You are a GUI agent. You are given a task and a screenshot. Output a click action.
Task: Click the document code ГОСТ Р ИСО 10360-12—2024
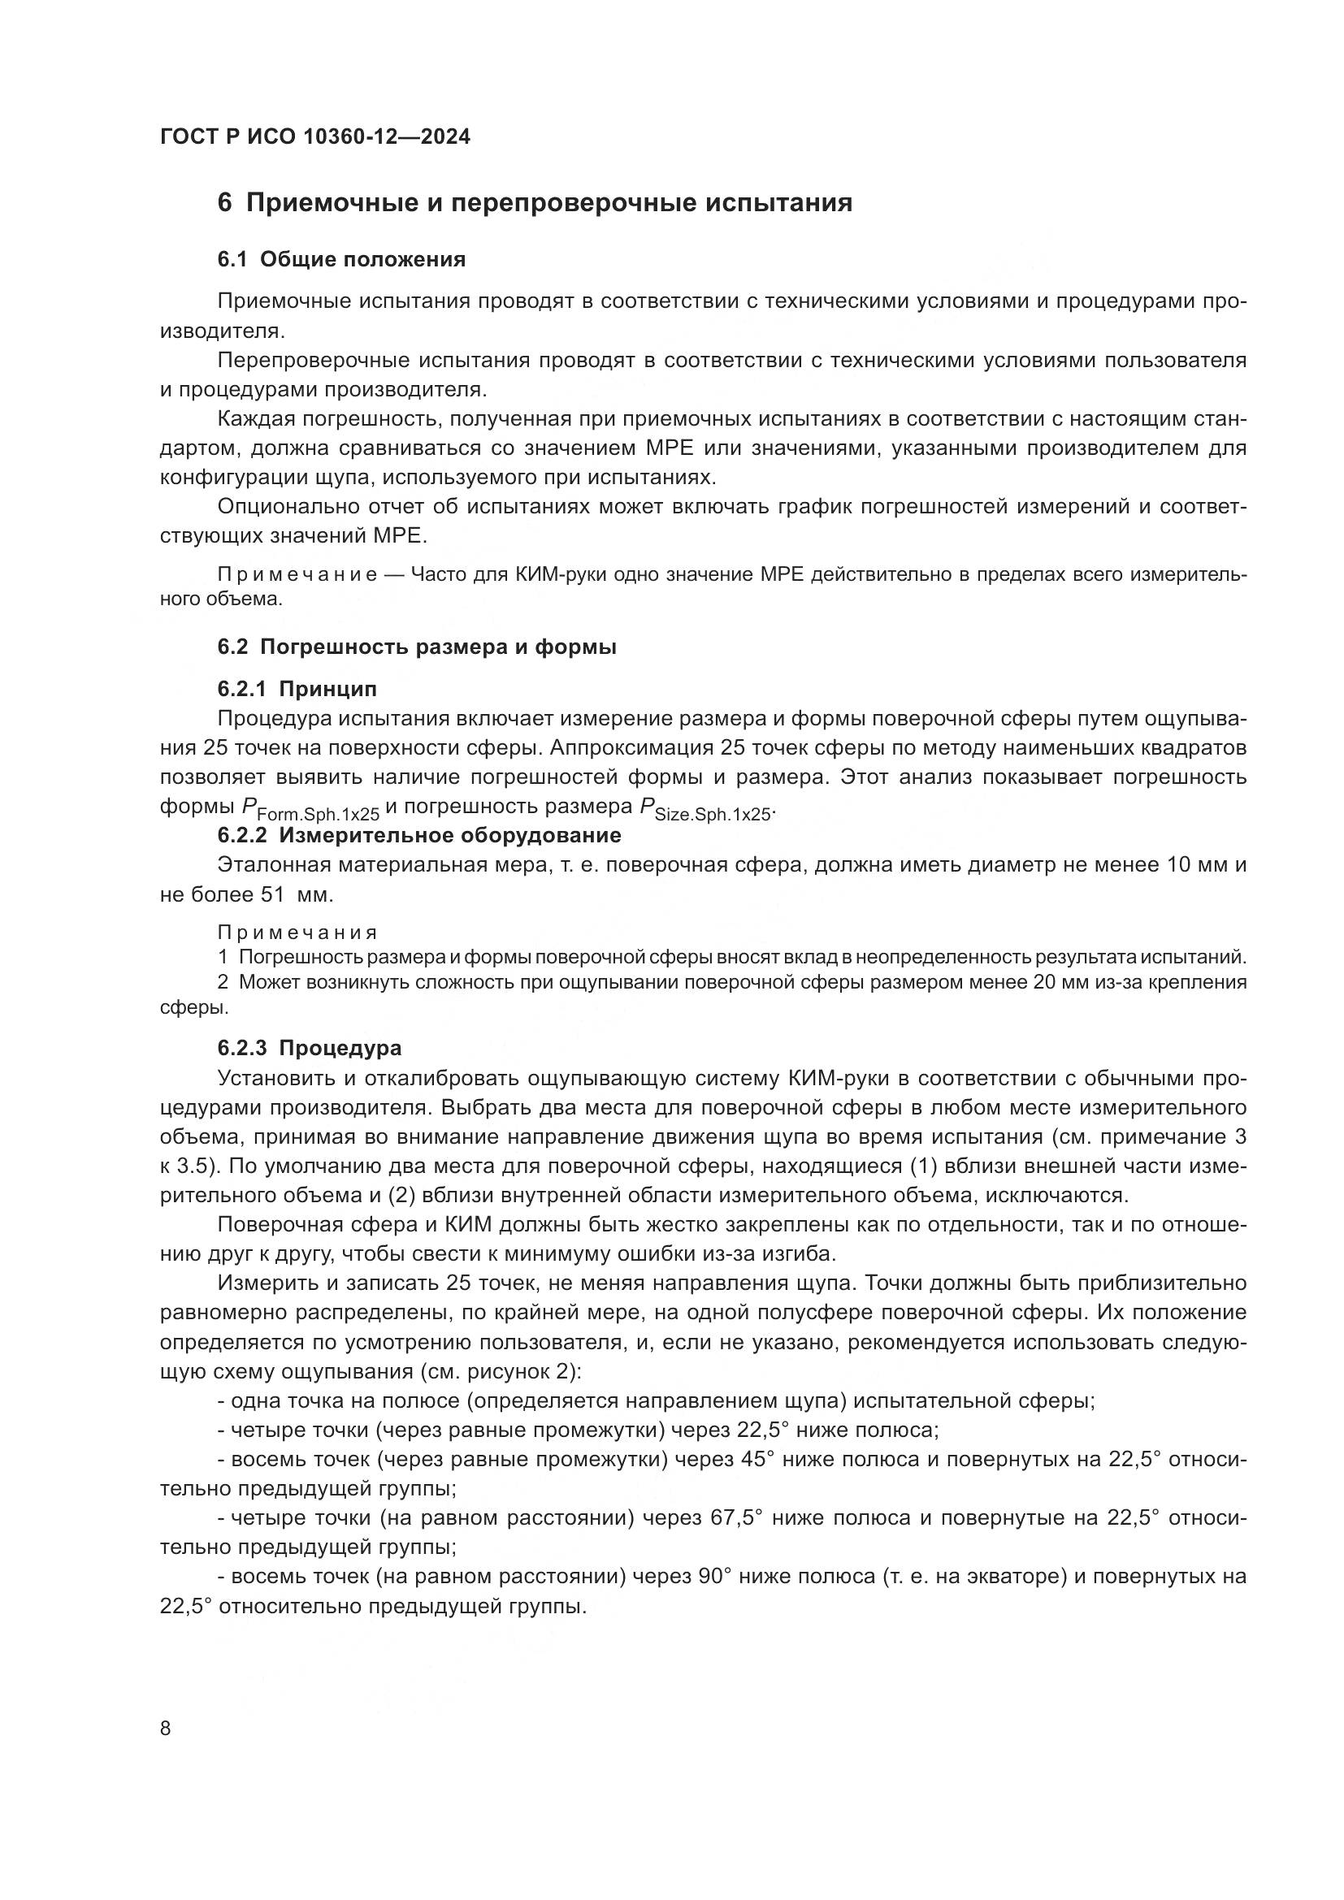[314, 137]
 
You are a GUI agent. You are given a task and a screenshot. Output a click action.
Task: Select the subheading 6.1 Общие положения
[341, 259]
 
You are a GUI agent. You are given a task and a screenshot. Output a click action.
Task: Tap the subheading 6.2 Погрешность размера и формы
[416, 647]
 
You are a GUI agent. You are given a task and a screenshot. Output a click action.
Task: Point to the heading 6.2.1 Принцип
[297, 689]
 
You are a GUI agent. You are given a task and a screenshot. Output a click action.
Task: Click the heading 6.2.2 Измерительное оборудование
[418, 835]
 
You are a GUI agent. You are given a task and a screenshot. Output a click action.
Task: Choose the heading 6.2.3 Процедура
[309, 1048]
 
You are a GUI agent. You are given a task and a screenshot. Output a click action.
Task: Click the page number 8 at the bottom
[166, 1728]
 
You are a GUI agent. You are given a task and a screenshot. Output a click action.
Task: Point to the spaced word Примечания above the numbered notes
[297, 933]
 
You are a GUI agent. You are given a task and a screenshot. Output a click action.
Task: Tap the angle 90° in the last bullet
[716, 1577]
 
